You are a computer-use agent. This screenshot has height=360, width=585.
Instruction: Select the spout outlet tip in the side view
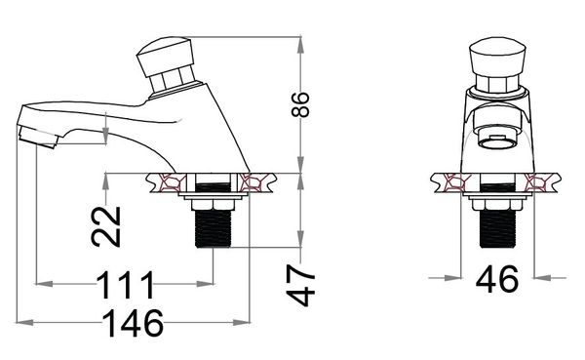pyautogui.click(x=37, y=133)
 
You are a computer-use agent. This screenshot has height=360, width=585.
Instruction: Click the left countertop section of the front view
pyautogui.click(x=453, y=182)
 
